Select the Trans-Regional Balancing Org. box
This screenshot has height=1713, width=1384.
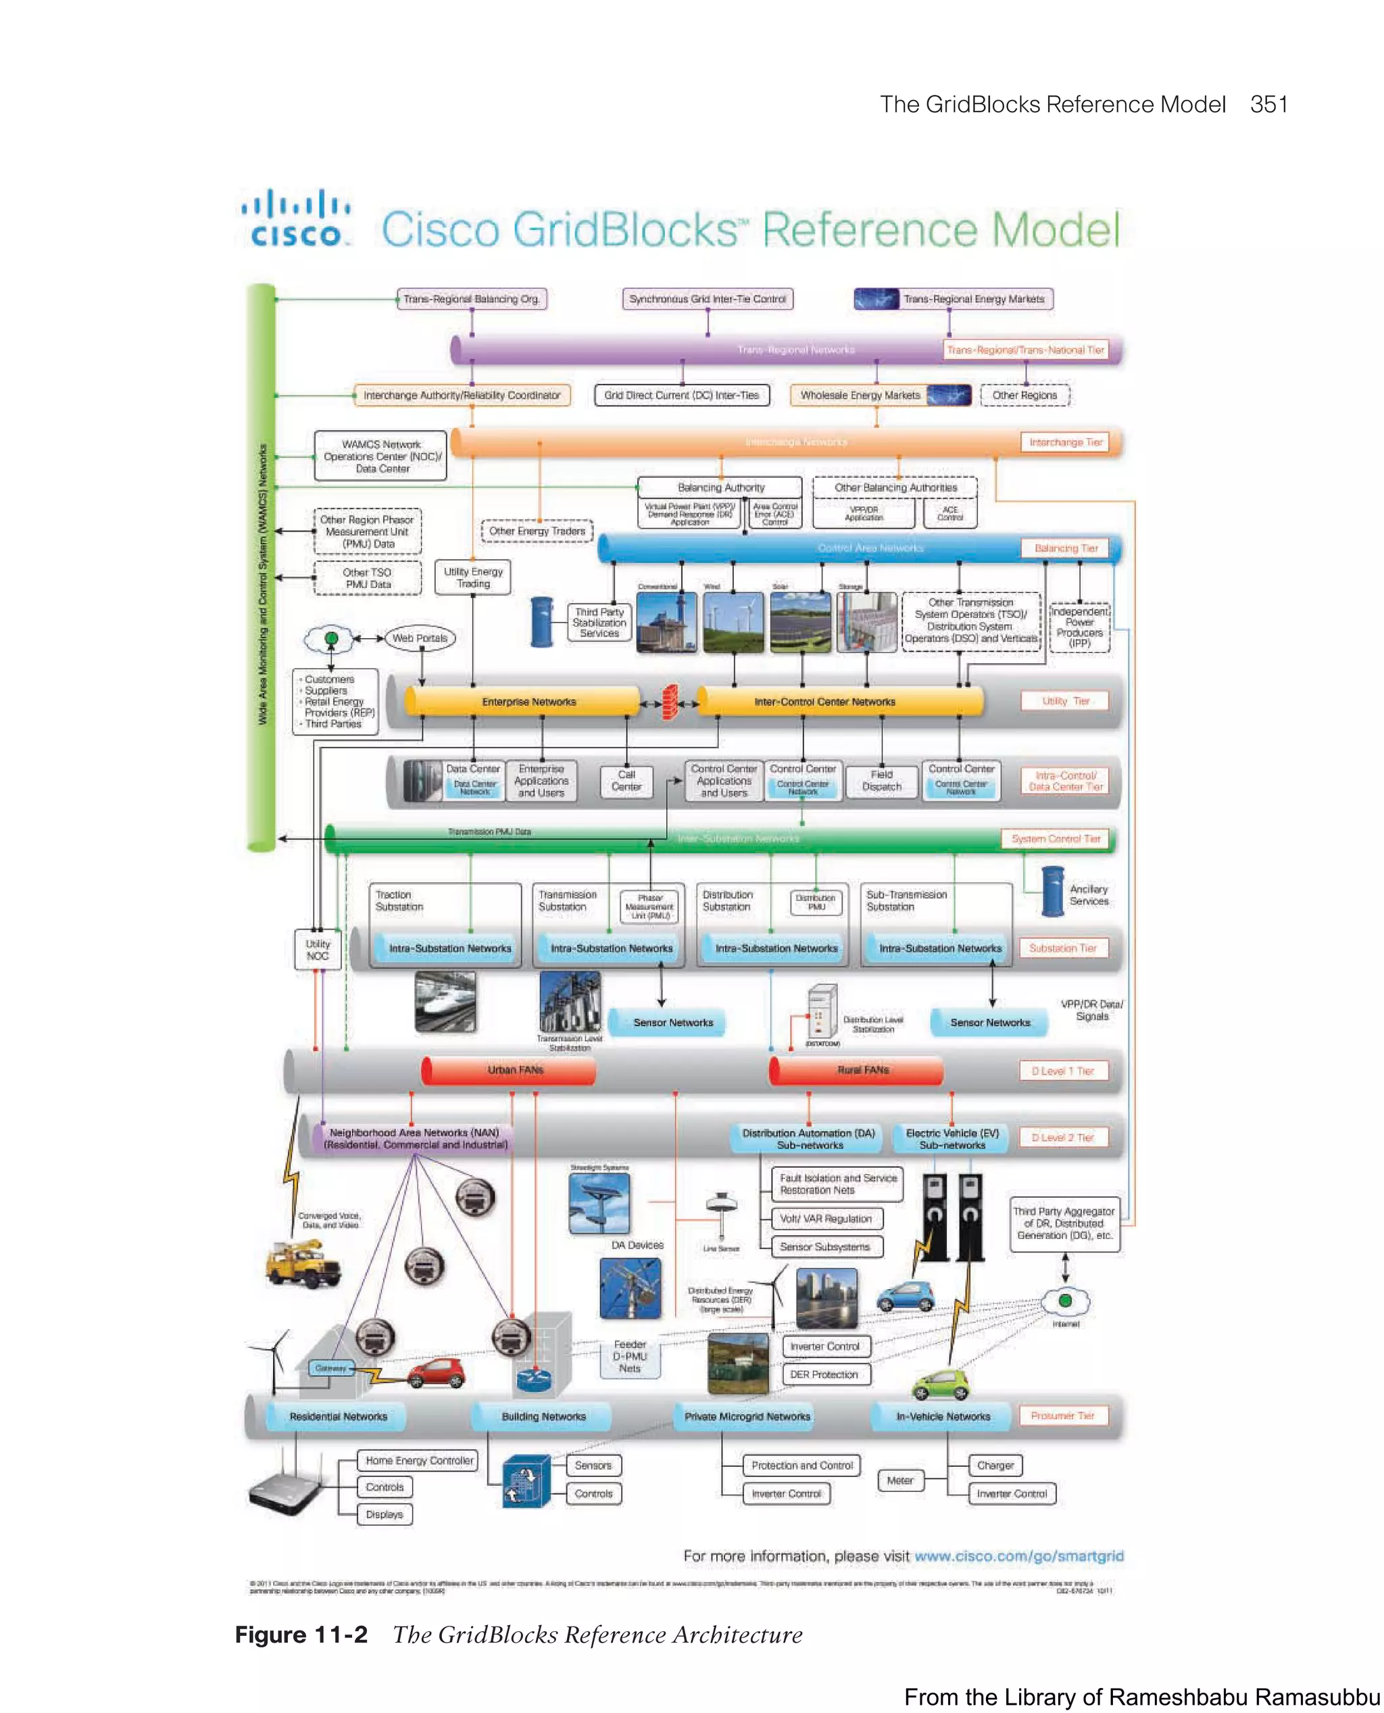[471, 299]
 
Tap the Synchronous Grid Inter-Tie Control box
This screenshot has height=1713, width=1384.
[707, 299]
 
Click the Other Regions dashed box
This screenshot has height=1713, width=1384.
[1024, 395]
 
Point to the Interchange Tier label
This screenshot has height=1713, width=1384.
[1065, 443]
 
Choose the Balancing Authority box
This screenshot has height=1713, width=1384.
[720, 487]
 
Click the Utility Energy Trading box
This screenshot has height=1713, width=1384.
[473, 577]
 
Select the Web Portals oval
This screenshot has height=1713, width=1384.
[420, 638]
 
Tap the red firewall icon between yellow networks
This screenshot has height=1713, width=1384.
[670, 702]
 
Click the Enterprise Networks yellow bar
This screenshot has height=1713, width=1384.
[528, 702]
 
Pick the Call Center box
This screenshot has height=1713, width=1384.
[626, 781]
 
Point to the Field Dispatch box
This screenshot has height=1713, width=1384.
[881, 781]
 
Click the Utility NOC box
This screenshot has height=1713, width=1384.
[318, 949]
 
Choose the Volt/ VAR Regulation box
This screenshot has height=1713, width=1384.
[826, 1219]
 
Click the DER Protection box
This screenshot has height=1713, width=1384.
[824, 1374]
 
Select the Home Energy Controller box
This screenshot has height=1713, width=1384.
[418, 1460]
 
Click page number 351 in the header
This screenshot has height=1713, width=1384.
[1268, 105]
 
